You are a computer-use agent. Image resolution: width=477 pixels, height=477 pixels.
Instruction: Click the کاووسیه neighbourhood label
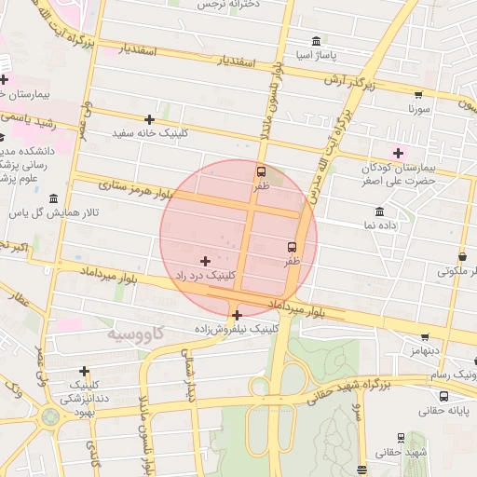(135, 333)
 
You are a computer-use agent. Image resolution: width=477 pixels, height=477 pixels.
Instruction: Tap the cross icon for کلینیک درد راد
(205, 261)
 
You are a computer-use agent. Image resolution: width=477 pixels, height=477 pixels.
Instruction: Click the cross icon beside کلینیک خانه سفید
(149, 119)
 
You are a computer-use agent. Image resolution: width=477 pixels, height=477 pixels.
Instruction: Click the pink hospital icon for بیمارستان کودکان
(399, 152)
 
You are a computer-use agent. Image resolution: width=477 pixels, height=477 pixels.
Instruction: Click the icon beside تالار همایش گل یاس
(52, 199)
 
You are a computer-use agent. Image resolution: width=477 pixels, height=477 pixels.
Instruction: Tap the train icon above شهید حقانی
(402, 437)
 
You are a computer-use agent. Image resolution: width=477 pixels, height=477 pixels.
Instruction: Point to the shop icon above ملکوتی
(463, 256)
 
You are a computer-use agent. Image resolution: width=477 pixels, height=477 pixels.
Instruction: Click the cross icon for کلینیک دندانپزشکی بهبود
(85, 371)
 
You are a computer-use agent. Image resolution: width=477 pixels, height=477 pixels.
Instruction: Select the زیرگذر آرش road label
(355, 82)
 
